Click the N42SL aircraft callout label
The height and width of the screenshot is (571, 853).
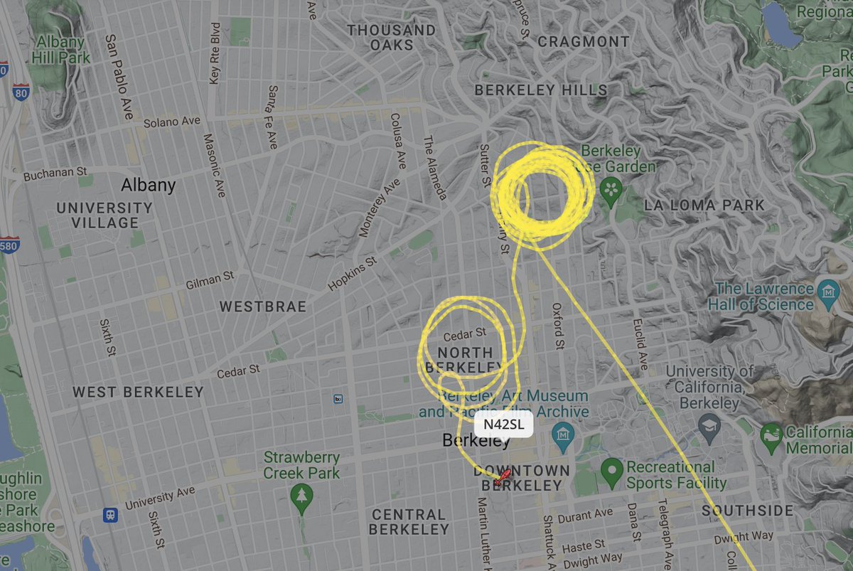coord(503,425)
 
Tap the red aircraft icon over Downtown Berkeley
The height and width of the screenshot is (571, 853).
coord(501,477)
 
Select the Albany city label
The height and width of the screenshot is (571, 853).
coord(148,185)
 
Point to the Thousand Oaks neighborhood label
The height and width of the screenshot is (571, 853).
coord(391,37)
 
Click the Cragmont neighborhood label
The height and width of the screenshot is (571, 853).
coord(584,41)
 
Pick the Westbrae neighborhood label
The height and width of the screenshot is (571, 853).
coord(262,306)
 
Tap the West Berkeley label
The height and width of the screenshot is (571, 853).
coord(138,392)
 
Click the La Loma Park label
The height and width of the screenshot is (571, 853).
coord(704,206)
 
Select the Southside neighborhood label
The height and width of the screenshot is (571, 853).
coord(747,511)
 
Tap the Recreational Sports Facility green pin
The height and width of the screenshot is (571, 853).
coord(611,469)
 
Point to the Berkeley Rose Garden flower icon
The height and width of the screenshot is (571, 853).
coord(610,189)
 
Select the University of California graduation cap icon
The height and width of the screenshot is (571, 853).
coord(709,426)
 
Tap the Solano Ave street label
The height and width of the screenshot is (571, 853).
coord(172,122)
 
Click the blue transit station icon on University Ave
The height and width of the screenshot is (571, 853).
coord(110,515)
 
